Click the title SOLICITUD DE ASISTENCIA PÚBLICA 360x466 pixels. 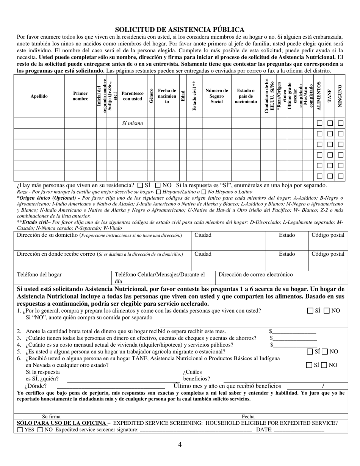pos(180,30)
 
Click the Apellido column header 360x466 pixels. pos(39,96)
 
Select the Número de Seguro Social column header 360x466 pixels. pos(216,96)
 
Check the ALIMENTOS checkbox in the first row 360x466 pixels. pos(319,124)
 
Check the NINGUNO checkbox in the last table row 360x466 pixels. pos(341,176)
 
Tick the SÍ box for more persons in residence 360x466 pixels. pos(140,186)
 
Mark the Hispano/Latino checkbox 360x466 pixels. pos(158,192)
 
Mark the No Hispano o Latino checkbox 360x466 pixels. pos(204,192)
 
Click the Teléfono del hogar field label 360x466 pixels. pos(39,275)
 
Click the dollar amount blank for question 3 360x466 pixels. pos(294,338)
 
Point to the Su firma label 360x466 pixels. pos(51,417)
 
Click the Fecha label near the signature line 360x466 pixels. pos(248,417)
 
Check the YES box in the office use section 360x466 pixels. pos(20,430)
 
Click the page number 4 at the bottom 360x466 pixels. pos(180,445)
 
